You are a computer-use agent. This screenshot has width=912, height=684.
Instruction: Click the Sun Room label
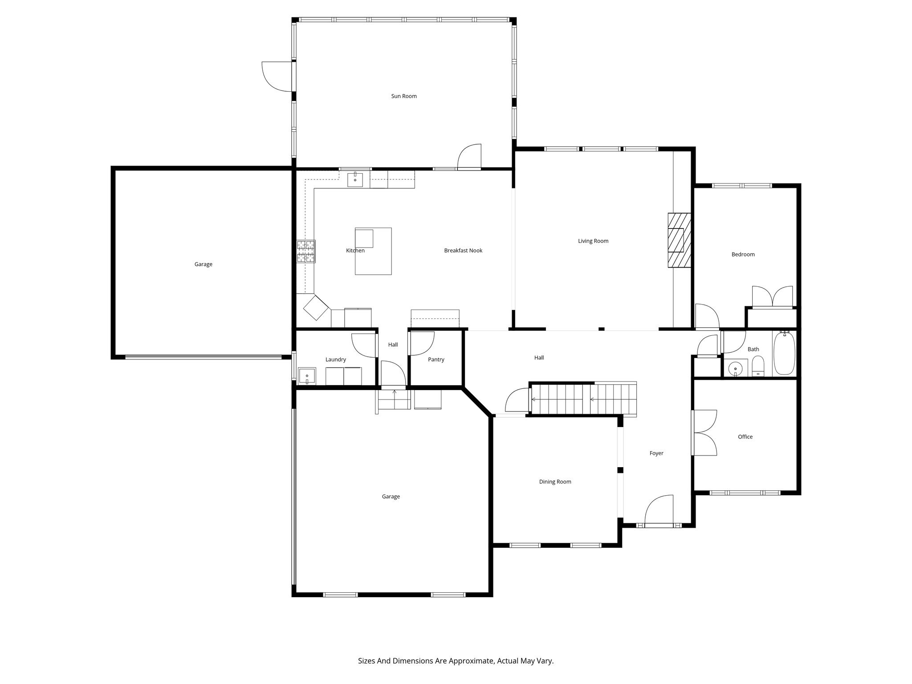click(404, 96)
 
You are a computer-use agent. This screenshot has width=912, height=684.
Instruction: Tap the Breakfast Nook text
click(463, 251)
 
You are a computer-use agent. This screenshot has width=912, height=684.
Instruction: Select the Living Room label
click(593, 241)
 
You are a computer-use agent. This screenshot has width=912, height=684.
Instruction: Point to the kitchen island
click(373, 252)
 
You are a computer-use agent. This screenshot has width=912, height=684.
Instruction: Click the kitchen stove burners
click(306, 252)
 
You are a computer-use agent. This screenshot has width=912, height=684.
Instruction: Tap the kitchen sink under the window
click(355, 180)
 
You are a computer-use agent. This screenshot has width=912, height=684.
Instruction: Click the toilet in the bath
click(758, 367)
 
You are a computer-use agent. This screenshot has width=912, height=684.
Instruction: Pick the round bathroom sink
click(735, 369)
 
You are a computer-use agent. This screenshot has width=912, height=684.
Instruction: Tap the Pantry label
click(436, 360)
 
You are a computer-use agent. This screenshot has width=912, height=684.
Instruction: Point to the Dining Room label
click(555, 482)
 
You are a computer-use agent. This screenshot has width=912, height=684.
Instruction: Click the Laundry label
click(335, 360)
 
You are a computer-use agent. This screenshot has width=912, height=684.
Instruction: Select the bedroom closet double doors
click(772, 297)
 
